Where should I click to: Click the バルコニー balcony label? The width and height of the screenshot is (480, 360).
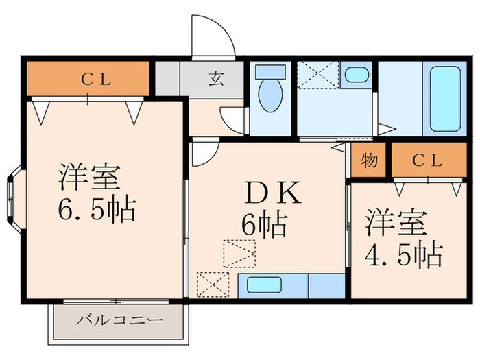click(x=119, y=320)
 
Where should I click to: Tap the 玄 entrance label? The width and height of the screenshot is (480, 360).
click(x=215, y=79)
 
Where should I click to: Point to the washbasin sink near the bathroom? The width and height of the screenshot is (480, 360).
click(x=355, y=75)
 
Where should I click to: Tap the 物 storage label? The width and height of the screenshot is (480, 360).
click(x=369, y=162)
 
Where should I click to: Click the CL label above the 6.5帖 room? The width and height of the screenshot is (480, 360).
click(x=97, y=78)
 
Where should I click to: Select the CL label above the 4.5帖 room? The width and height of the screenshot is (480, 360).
click(x=428, y=162)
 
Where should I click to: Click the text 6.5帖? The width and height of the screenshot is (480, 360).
click(x=96, y=209)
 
